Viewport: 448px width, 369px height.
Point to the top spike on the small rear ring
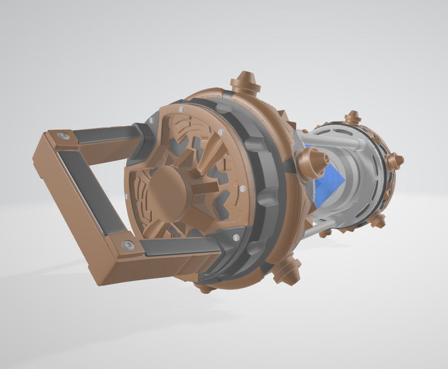353,118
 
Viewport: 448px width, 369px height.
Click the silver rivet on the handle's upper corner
64,136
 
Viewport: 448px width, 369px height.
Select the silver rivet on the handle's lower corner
128,246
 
